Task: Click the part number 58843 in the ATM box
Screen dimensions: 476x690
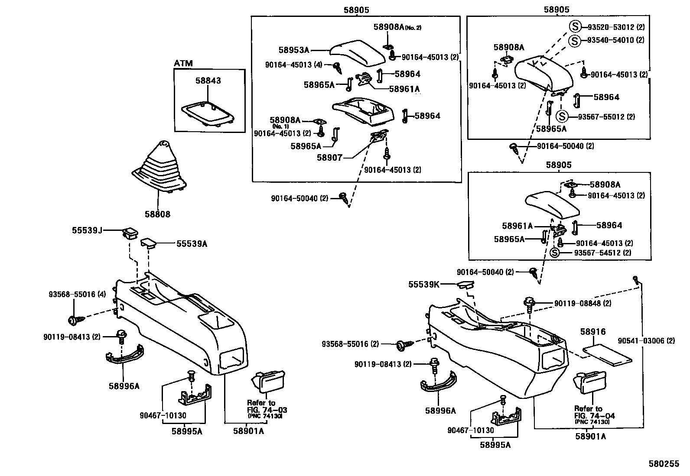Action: click(208, 81)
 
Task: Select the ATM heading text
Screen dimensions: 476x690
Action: click(183, 64)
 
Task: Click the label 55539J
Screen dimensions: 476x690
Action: click(87, 231)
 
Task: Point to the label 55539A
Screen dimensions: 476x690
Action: click(192, 244)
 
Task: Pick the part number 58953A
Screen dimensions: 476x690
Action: click(294, 50)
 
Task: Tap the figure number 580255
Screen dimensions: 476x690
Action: click(664, 464)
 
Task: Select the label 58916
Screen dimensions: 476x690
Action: click(593, 332)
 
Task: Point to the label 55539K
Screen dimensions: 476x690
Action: click(424, 285)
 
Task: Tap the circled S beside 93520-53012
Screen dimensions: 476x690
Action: click(574, 27)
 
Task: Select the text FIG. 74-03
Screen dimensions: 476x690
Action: click(267, 410)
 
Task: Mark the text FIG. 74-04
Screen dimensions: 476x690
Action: click(595, 416)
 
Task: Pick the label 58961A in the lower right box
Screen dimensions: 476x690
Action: click(517, 226)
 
